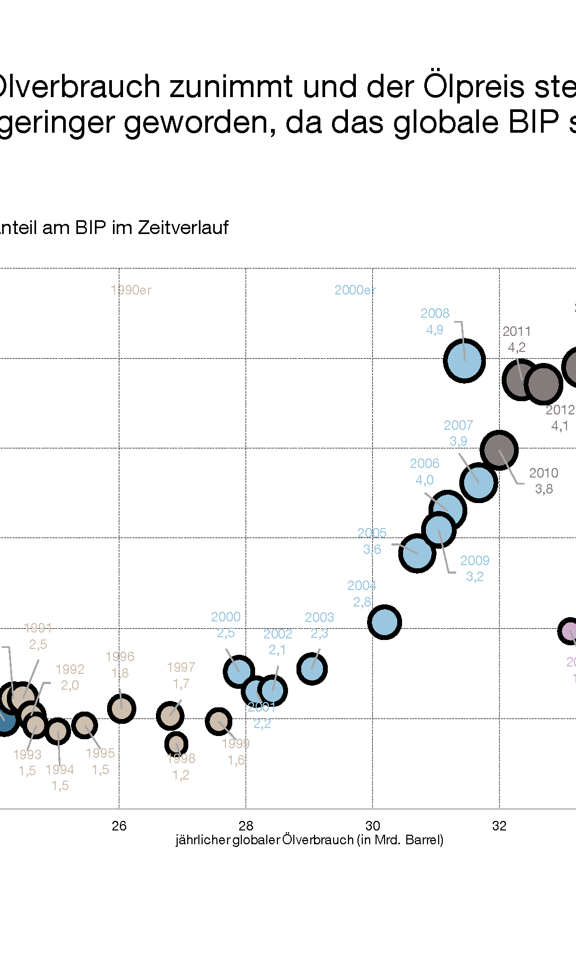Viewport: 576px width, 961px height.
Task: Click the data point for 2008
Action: [x=464, y=361]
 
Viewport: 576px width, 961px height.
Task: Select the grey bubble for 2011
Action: [x=521, y=379]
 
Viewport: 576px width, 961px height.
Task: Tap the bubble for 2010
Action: [x=499, y=450]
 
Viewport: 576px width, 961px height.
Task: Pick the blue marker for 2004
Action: [x=384, y=622]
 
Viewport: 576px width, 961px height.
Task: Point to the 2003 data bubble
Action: [x=312, y=669]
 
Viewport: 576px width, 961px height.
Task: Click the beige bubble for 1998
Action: [x=176, y=744]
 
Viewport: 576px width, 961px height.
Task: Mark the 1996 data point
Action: [x=121, y=708]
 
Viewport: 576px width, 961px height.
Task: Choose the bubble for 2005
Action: [x=417, y=553]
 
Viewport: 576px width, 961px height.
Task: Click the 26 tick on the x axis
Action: [x=119, y=826]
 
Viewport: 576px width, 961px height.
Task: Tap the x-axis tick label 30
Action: [x=372, y=826]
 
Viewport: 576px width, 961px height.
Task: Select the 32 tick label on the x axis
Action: [x=499, y=826]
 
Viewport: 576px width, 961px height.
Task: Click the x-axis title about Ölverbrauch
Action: [x=309, y=840]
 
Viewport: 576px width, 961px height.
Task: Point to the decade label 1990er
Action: [x=131, y=290]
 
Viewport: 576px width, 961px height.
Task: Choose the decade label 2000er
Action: [x=355, y=290]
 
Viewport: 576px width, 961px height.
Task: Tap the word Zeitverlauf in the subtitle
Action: [x=183, y=228]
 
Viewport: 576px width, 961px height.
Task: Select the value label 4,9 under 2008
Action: [x=434, y=330]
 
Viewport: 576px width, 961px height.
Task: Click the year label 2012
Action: [x=560, y=410]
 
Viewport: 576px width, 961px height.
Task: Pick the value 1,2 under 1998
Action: [x=180, y=775]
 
